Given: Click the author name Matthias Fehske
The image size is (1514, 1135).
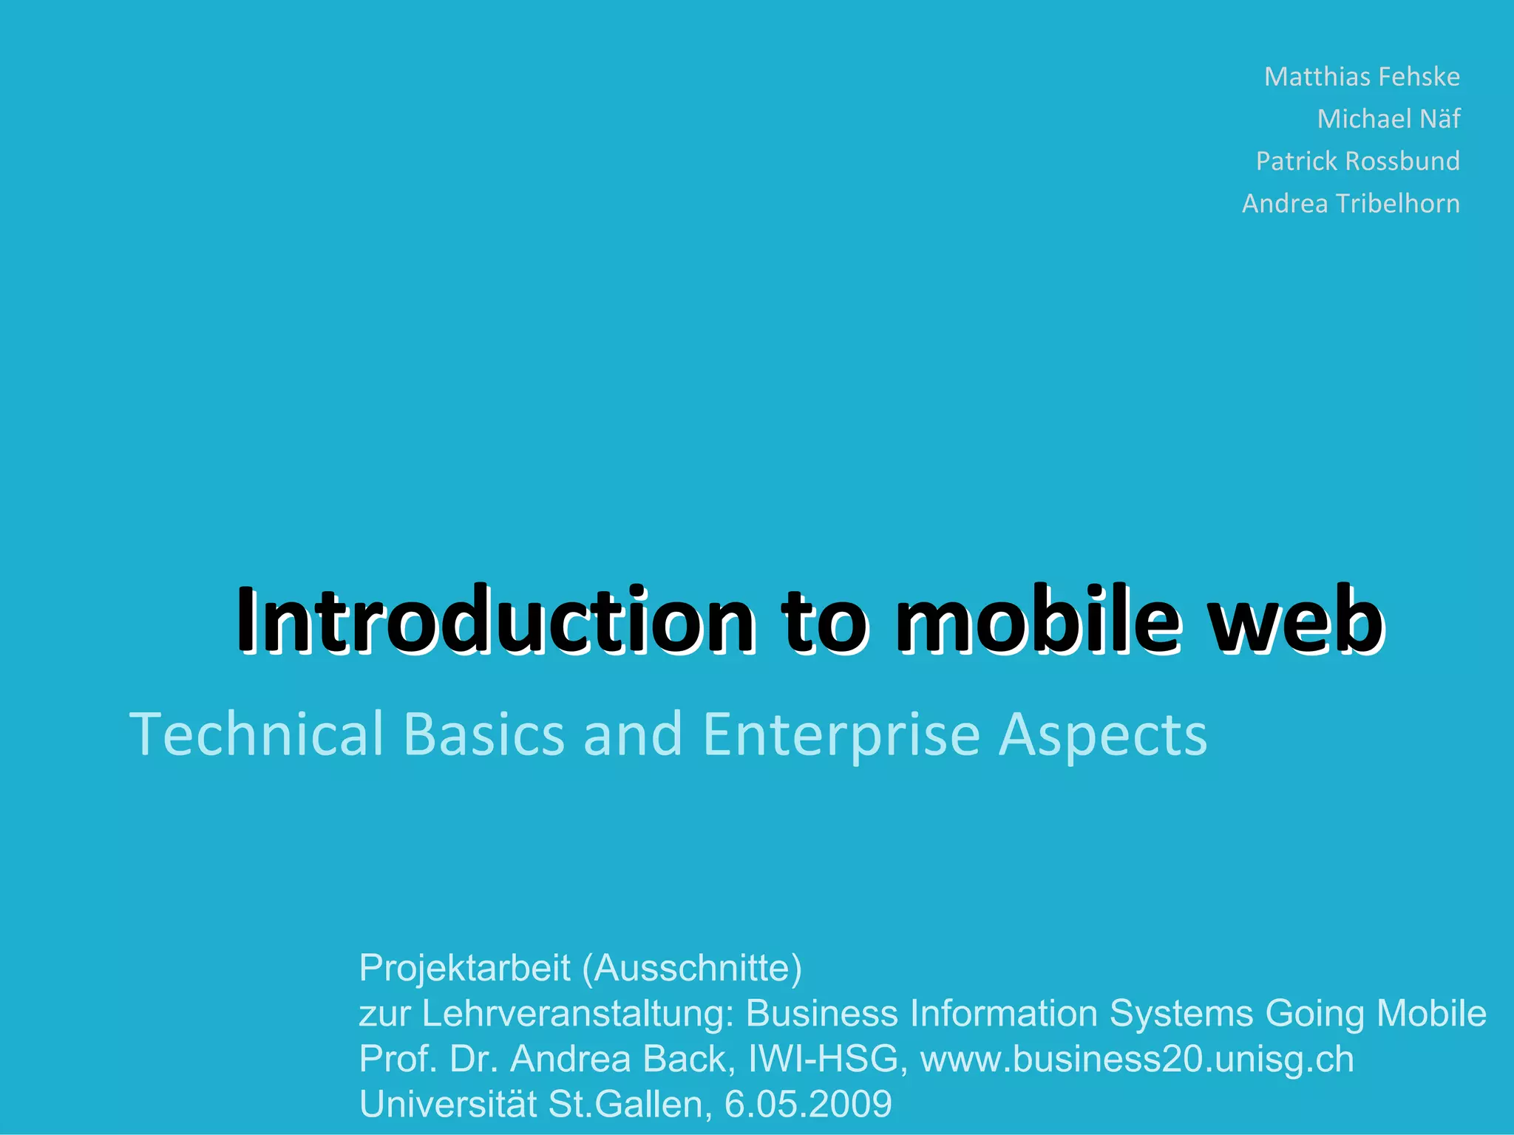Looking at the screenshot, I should [1362, 77].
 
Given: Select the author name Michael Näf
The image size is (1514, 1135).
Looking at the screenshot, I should [1388, 119].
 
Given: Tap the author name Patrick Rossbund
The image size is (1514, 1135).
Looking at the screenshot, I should [1357, 161].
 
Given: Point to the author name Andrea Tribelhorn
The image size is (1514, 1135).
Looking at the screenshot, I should [1351, 203].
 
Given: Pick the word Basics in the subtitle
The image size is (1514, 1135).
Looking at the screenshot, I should [484, 734].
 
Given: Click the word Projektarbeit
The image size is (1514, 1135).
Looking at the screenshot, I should [464, 968].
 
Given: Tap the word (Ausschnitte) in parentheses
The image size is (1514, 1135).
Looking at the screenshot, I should [692, 968].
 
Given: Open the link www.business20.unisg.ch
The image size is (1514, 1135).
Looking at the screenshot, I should [1137, 1059].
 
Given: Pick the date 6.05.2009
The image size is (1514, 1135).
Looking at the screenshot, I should [808, 1104].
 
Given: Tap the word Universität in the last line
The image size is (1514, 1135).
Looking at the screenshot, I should [447, 1104].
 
